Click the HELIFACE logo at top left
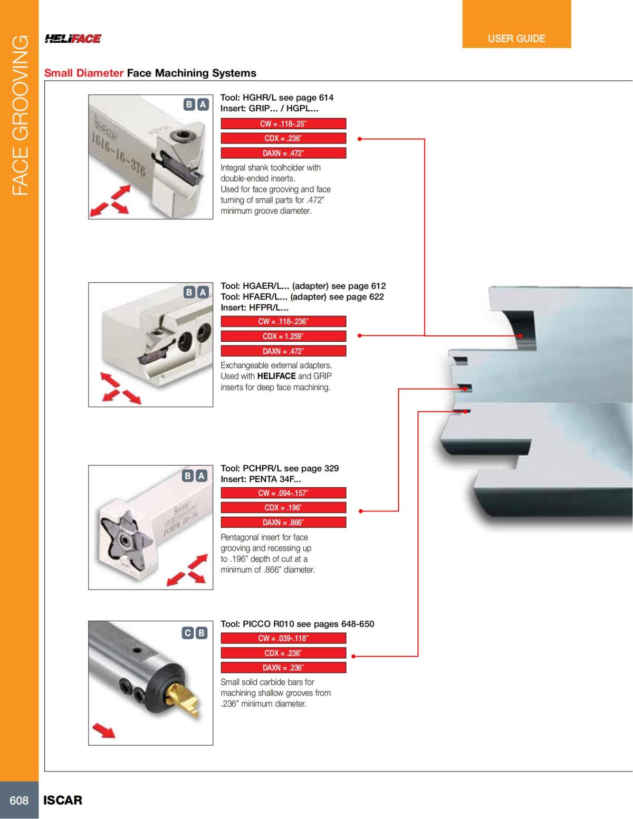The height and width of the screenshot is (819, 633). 73,38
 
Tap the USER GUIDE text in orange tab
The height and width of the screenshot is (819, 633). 516,38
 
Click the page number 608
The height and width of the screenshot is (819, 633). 19,800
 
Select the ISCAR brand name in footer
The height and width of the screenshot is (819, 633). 63,800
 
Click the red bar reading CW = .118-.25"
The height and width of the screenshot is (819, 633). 283,124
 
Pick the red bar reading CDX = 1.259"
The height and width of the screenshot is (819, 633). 283,336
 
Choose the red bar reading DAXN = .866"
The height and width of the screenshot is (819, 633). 283,523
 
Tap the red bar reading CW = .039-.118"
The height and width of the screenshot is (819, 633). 283,639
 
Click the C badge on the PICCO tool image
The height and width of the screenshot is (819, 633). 188,633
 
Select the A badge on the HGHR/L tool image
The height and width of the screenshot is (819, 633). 202,104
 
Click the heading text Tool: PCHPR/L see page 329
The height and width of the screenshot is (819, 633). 280,468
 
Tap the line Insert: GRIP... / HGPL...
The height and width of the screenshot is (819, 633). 269,109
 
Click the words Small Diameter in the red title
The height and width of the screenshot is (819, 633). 84,73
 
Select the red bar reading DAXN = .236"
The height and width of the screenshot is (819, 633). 283,668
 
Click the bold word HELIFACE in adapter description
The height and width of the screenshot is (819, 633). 276,377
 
